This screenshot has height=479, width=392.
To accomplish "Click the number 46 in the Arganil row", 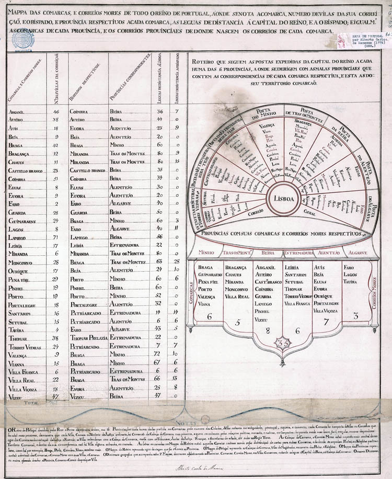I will coord(56,111).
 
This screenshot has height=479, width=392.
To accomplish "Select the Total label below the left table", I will coord(33,403).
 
